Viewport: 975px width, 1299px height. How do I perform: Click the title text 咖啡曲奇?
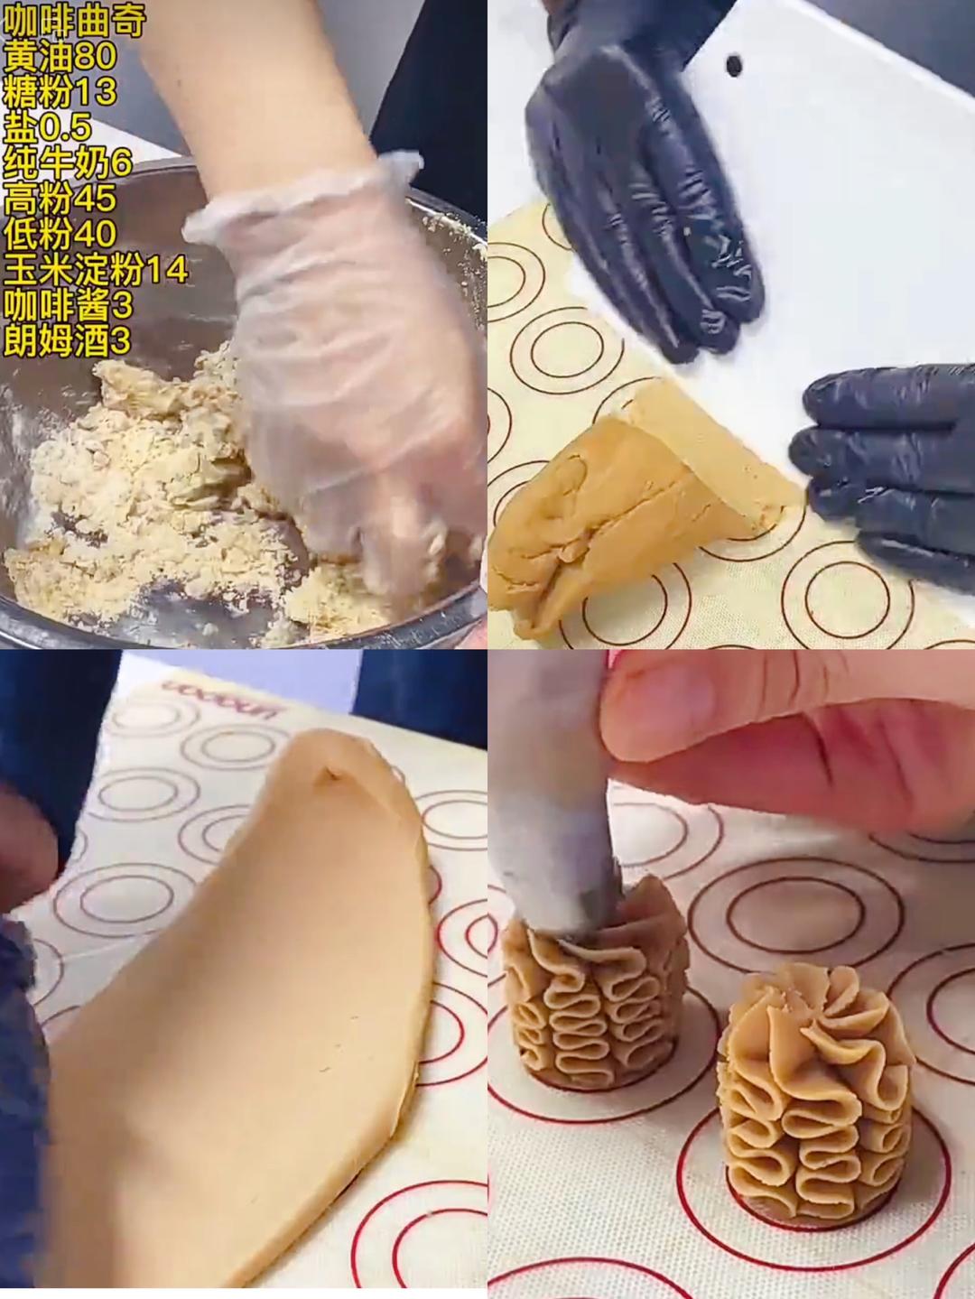click(x=74, y=21)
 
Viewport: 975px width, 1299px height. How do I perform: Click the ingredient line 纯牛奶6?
click(x=69, y=163)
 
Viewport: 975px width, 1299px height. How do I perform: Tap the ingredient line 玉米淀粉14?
click(x=96, y=270)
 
